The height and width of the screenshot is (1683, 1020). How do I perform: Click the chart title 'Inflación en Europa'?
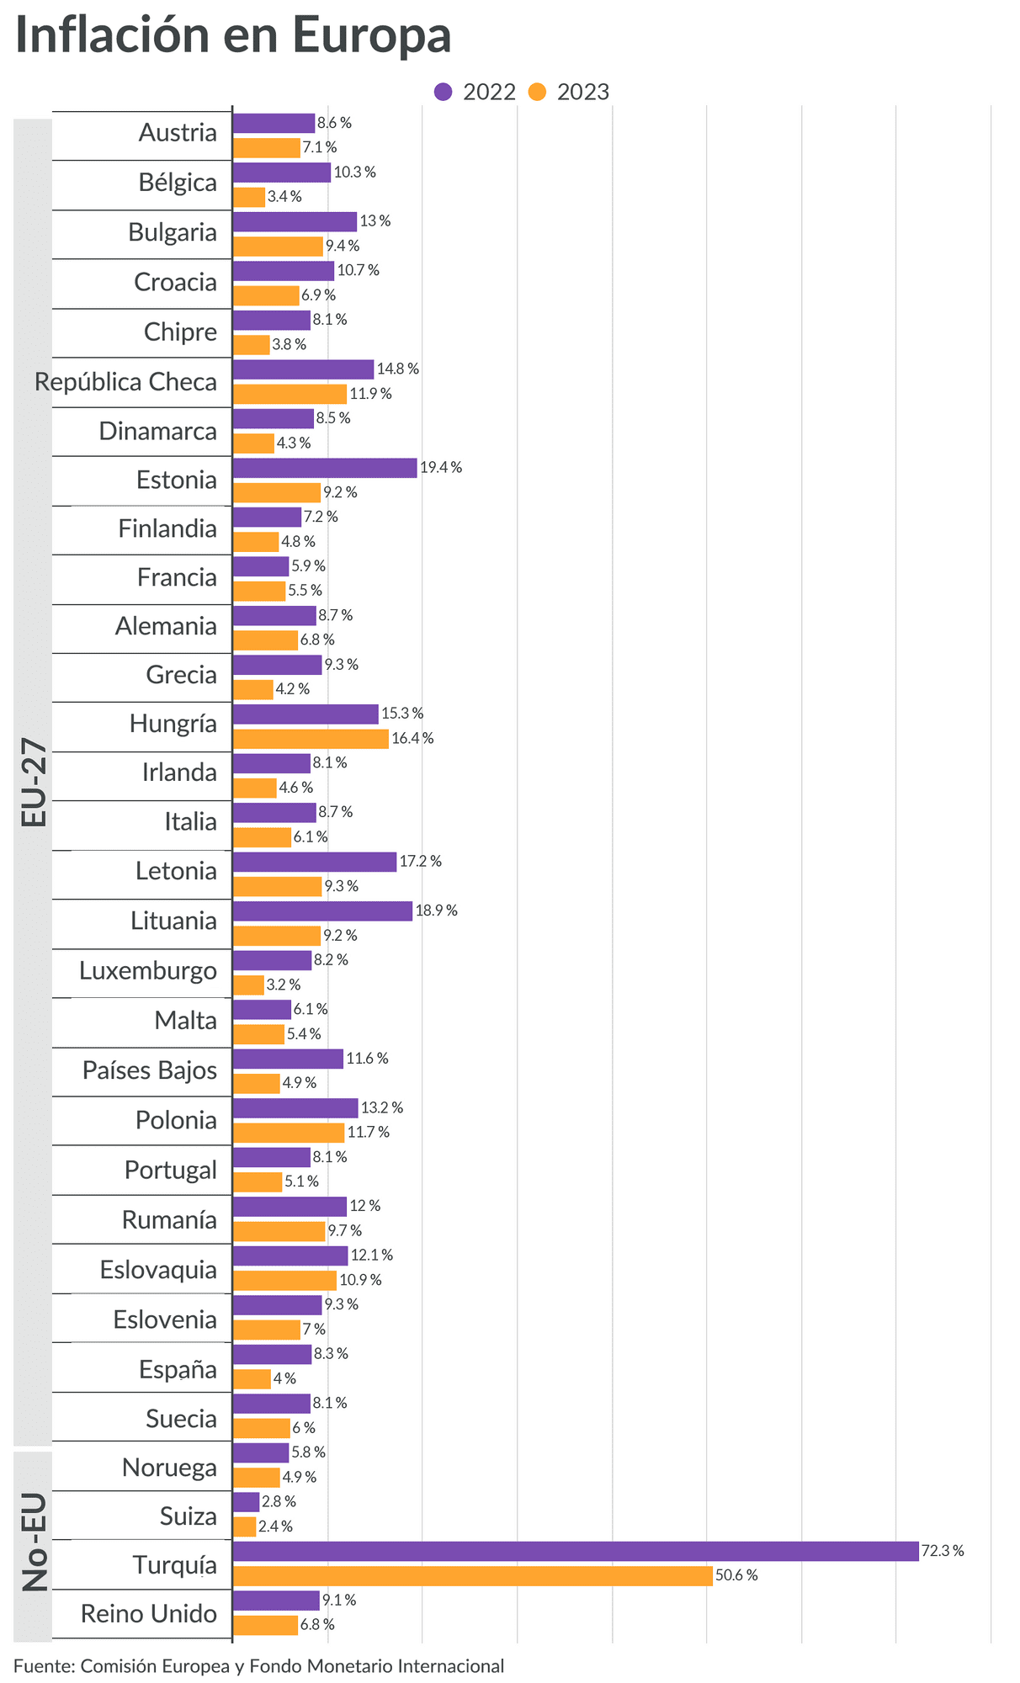[x=233, y=36]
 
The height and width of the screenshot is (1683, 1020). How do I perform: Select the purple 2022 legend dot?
[x=444, y=92]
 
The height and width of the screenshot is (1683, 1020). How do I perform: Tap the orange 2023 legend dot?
[x=538, y=92]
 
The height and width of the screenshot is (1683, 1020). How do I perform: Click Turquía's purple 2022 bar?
[x=575, y=1551]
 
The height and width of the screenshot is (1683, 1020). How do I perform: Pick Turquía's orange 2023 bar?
[x=472, y=1575]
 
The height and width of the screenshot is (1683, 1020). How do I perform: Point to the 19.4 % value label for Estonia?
[x=441, y=468]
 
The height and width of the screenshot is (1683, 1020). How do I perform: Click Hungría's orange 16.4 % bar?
[x=311, y=739]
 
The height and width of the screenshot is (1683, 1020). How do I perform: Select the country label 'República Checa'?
[x=125, y=382]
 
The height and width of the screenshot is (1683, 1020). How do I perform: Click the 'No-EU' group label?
[x=35, y=1543]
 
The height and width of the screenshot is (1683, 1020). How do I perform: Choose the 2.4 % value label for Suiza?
[x=275, y=1526]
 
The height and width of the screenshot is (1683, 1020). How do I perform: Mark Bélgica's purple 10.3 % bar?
[x=281, y=173]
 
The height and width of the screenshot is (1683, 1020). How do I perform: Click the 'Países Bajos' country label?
[x=150, y=1070]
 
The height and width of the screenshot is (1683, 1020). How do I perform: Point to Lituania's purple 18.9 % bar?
[x=322, y=911]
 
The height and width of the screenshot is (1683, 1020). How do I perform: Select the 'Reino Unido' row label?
[x=149, y=1614]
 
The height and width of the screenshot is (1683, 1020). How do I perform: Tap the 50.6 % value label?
[x=736, y=1575]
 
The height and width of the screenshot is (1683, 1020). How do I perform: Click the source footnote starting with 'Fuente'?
[x=258, y=1665]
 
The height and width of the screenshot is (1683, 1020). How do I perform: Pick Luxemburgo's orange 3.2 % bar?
[x=248, y=985]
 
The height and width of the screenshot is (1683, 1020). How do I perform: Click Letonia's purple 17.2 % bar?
[x=314, y=862]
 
